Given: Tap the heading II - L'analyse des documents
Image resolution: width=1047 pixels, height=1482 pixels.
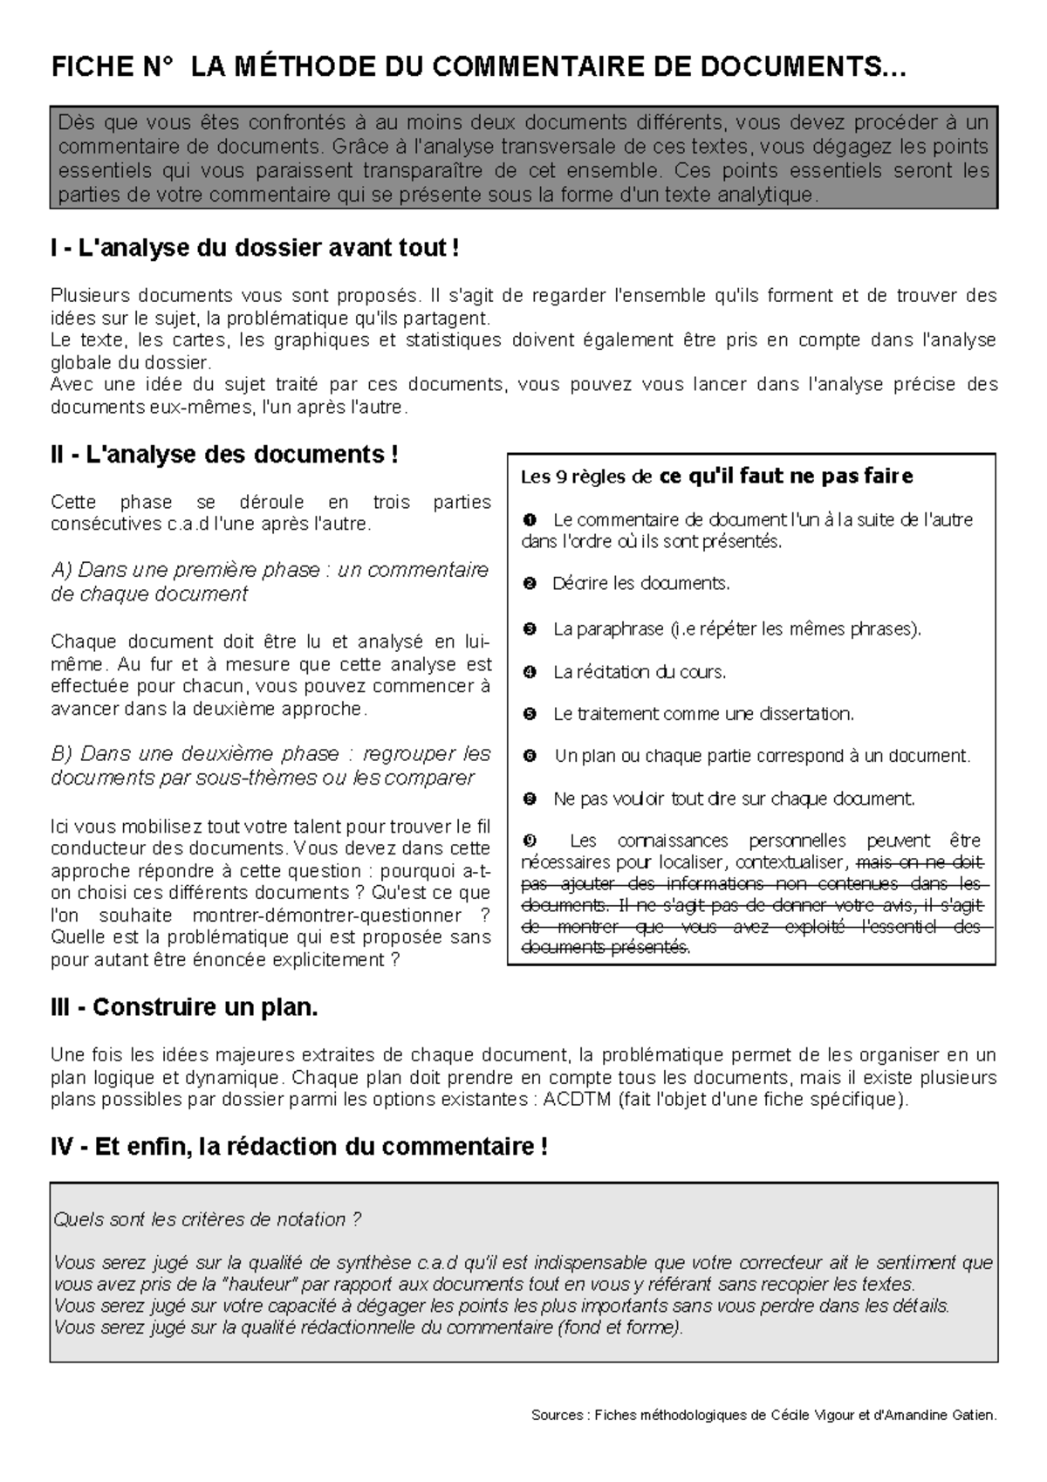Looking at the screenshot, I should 225,455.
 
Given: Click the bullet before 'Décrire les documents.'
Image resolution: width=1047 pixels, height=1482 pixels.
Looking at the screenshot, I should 529,584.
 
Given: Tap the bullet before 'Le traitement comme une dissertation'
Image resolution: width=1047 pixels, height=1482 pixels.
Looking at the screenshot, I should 529,715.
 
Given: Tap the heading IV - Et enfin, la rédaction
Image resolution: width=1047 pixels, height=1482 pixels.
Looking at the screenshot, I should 298,1146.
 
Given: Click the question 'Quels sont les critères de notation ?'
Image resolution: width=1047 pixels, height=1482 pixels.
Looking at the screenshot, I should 208,1219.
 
